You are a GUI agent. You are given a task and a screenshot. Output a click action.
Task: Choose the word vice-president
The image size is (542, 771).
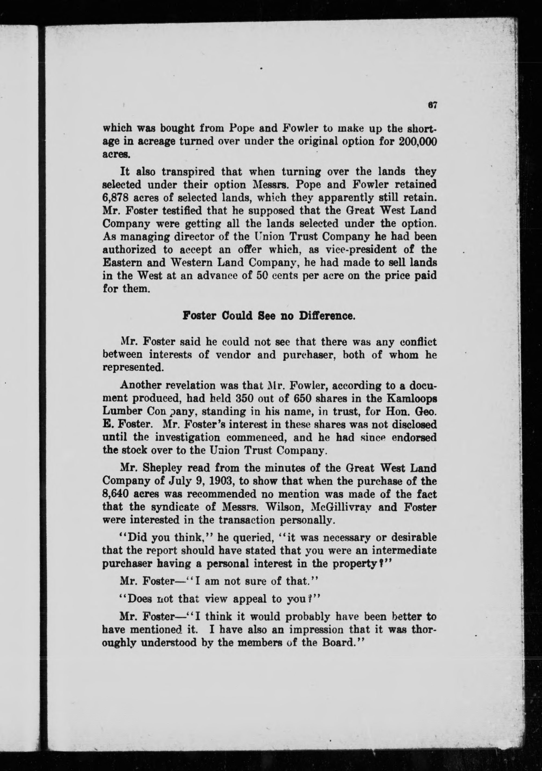tap(340, 250)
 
